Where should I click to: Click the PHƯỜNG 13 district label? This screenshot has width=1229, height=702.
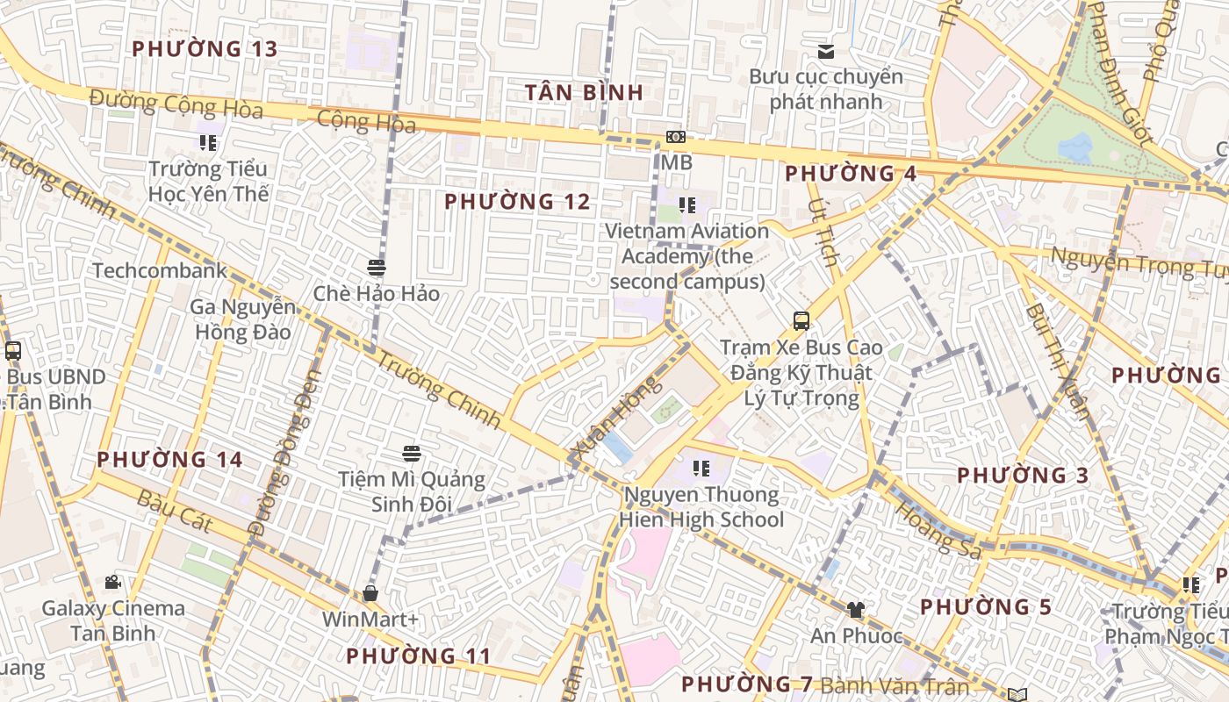(205, 49)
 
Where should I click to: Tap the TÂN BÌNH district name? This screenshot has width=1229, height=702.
(584, 92)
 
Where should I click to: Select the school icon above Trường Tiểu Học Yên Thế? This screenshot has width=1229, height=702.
(207, 142)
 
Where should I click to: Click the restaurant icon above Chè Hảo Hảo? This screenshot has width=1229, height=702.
(377, 267)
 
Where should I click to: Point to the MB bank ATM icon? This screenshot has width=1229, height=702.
(675, 137)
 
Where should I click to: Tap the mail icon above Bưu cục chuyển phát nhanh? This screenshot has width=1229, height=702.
(825, 52)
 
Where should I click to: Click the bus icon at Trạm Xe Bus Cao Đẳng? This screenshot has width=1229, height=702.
(801, 320)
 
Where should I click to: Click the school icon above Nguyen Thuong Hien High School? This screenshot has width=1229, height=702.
(701, 469)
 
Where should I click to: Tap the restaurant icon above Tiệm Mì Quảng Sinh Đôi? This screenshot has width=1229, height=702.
(412, 453)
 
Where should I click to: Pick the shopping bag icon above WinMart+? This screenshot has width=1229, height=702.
(370, 593)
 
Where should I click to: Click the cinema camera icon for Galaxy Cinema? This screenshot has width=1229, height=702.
(112, 582)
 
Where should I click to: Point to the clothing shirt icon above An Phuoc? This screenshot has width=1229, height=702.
(855, 609)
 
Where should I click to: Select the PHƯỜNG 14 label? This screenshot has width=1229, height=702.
(169, 459)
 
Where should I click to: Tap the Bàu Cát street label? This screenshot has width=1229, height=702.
(175, 512)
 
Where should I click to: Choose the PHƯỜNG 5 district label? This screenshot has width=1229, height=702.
(986, 607)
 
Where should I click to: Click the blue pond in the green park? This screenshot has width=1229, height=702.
(1075, 147)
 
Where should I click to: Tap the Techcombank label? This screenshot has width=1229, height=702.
(160, 270)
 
